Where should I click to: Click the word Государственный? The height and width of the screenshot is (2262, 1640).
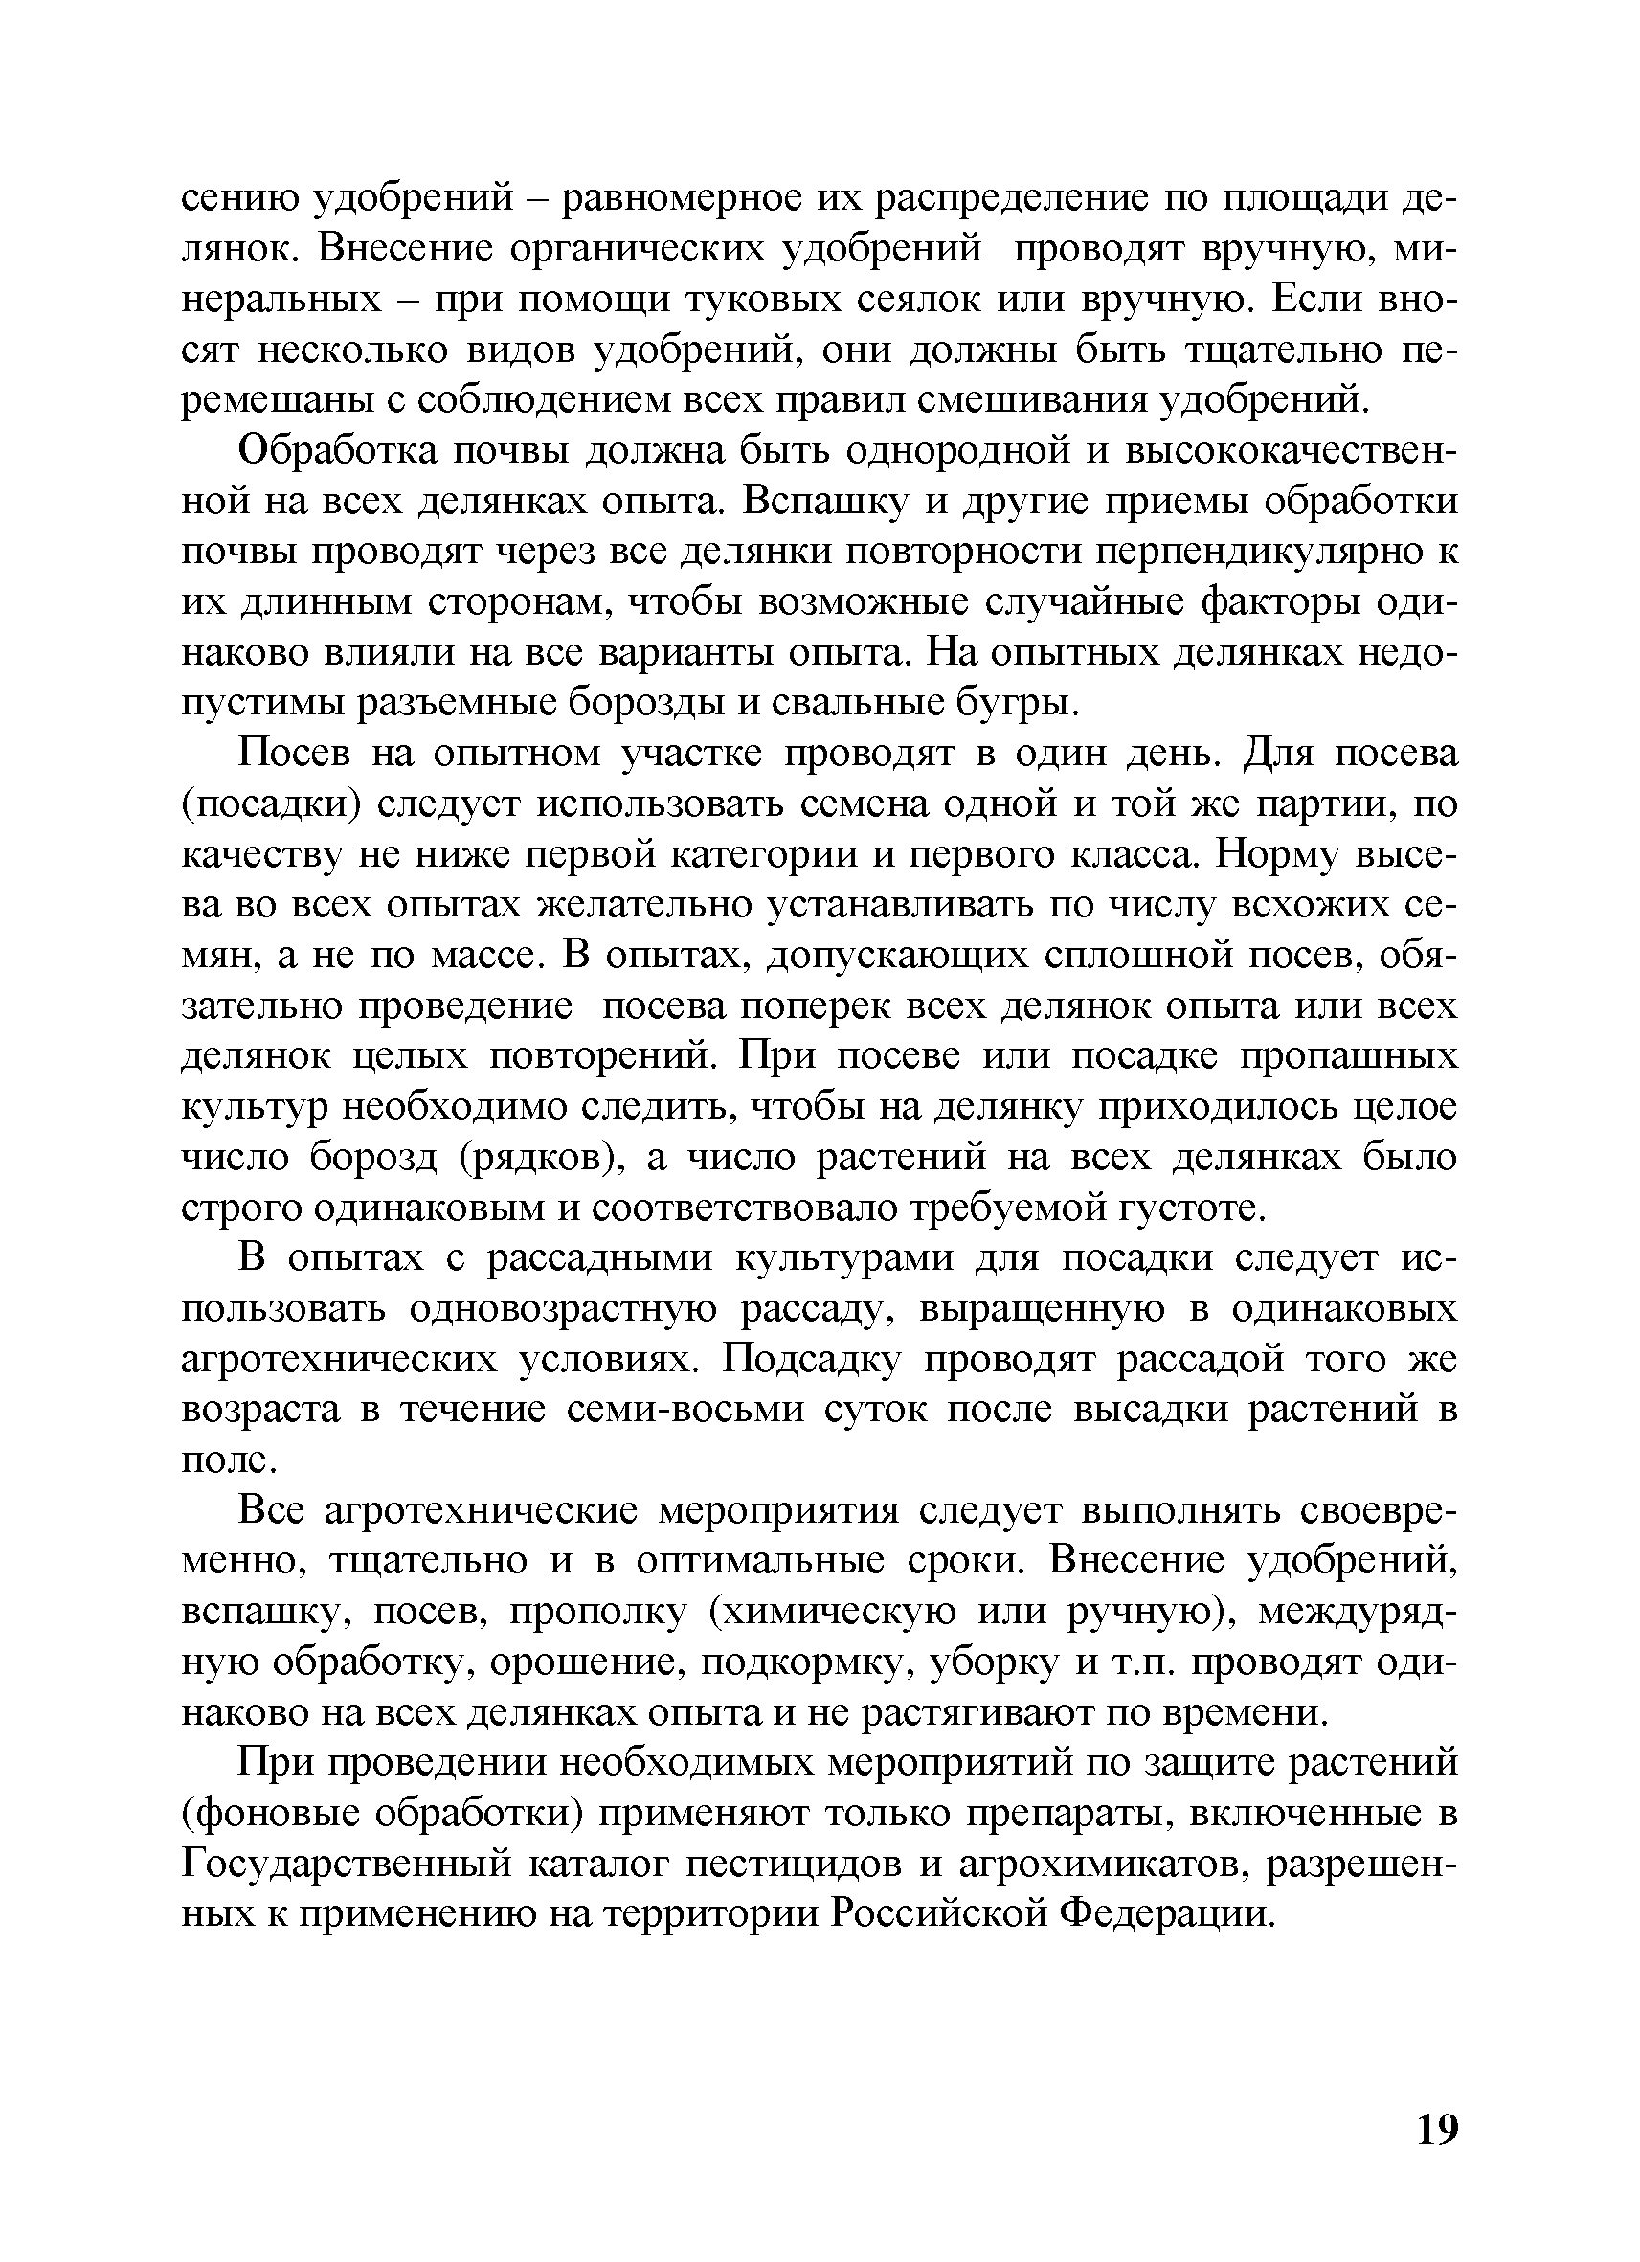370,1866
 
